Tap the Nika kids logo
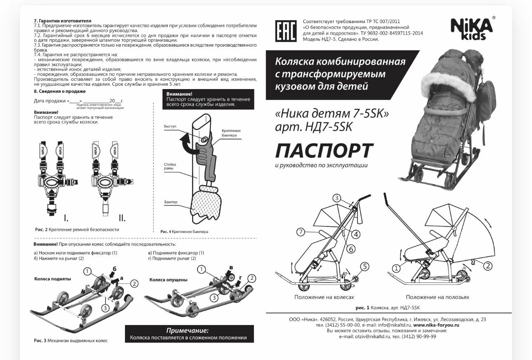pos(472,29)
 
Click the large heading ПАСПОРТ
pos(324,151)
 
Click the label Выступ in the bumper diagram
pos(170,126)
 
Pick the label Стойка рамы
pos(170,166)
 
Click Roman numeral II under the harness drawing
pos(122,218)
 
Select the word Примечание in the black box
pos(188,331)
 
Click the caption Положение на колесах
pos(324,297)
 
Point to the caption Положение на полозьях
pos(437,297)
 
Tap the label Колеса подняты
pos(52,279)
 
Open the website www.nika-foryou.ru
pos(436,325)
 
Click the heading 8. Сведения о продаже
pos(59,91)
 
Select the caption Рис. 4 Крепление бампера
pos(184,232)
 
